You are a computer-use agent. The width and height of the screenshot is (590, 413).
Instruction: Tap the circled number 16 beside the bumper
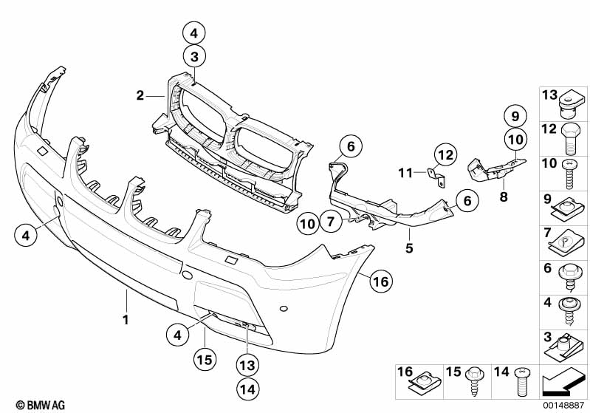click(x=379, y=281)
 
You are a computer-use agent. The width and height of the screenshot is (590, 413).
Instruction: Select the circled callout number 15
click(x=204, y=360)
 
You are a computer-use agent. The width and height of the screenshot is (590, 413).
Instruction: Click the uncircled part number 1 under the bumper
click(x=126, y=320)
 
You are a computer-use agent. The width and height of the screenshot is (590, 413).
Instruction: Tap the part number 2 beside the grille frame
click(x=139, y=95)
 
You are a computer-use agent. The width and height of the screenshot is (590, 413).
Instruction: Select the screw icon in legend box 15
click(x=473, y=383)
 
